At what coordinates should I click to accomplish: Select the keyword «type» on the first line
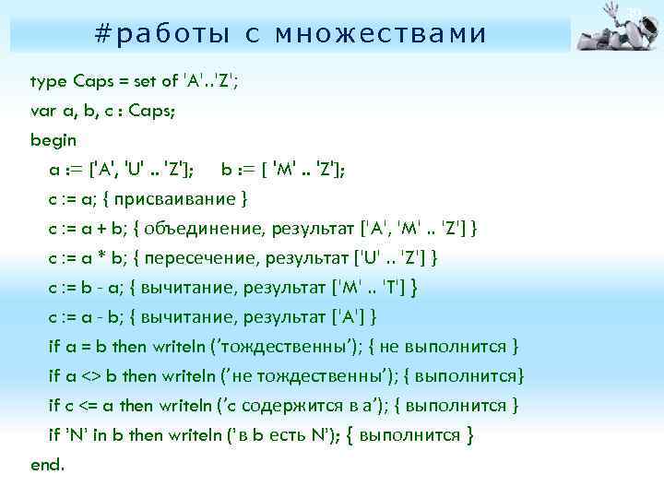[x=46, y=81]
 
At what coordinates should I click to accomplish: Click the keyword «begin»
[x=53, y=140]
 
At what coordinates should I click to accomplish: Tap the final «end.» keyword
[x=48, y=465]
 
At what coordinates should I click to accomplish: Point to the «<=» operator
[x=88, y=406]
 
